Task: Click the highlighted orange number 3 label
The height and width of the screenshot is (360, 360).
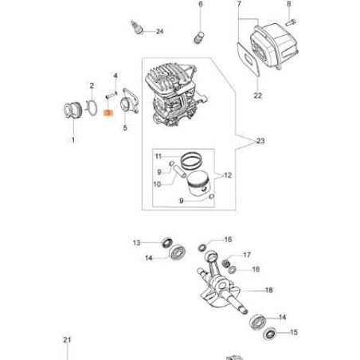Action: click(x=108, y=114)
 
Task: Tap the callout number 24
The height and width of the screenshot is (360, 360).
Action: click(x=159, y=31)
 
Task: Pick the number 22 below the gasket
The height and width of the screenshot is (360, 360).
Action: click(x=257, y=96)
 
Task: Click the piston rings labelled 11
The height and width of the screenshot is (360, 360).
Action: click(x=191, y=158)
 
